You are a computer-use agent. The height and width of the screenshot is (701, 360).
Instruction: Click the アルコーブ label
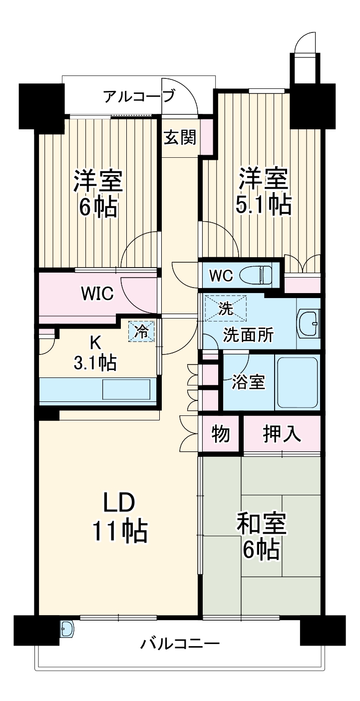[x=139, y=96]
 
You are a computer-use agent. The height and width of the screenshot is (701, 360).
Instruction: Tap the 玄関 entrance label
[x=180, y=137]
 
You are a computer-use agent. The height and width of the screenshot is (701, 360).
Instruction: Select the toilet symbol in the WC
[x=256, y=275]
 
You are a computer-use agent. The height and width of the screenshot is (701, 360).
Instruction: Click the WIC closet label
[x=97, y=294]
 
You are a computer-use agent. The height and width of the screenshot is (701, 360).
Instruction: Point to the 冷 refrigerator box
[x=141, y=331]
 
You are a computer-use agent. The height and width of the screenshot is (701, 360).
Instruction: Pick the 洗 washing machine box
[x=226, y=309]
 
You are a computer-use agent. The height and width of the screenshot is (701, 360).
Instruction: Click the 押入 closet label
[x=282, y=434]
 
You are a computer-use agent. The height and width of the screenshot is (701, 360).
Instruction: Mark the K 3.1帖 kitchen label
[x=95, y=353]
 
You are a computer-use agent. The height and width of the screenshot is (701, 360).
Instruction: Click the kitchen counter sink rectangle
[x=126, y=389]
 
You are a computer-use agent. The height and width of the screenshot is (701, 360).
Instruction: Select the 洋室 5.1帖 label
[x=263, y=191]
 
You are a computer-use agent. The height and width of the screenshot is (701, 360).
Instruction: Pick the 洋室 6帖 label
[x=98, y=193]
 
